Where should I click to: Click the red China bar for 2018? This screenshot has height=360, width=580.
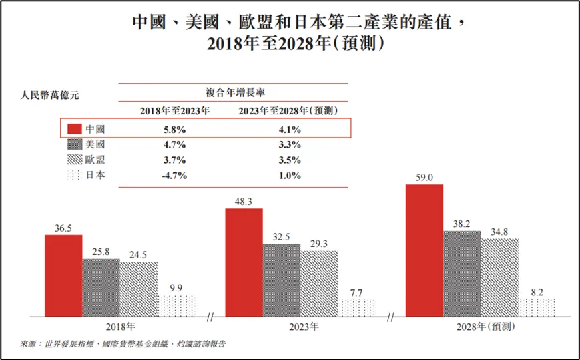[63, 275]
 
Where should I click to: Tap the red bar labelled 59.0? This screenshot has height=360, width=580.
[424, 250]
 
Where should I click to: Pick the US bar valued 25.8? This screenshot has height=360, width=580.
[101, 287]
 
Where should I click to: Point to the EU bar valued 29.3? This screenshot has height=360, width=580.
[319, 283]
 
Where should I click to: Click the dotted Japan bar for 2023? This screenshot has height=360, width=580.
[356, 307]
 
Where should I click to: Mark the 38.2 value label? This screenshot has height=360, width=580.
[462, 222]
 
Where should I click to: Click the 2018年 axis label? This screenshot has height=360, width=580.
[120, 327]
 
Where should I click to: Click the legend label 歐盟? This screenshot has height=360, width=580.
[96, 160]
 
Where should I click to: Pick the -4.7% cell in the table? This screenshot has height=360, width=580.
[175, 176]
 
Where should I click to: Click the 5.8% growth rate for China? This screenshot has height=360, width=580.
[175, 128]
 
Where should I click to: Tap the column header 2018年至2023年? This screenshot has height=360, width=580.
[175, 110]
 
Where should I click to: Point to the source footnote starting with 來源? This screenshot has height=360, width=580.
[123, 344]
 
